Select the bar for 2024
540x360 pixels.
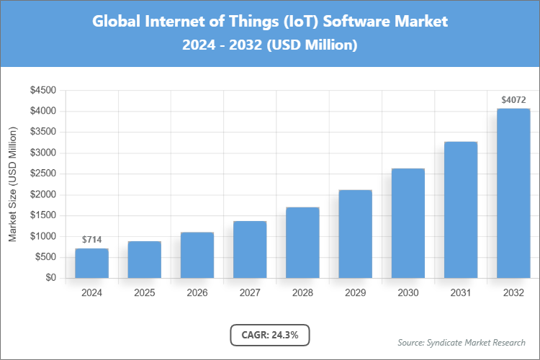point(91,263)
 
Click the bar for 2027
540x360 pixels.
point(250,249)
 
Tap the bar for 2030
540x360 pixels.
point(408,223)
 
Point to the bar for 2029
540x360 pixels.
point(355,234)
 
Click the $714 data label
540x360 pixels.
point(91,239)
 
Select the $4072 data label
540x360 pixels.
point(513,99)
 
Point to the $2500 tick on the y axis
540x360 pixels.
point(42,174)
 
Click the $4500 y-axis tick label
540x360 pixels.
point(42,90)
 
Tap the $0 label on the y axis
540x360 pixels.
point(50,278)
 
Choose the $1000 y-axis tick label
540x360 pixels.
point(42,236)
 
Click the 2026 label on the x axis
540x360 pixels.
point(197,294)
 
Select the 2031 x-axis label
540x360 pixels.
point(461,294)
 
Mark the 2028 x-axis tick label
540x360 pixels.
point(302,294)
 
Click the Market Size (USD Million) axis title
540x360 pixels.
point(13,184)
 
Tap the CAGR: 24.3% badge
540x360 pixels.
point(269,335)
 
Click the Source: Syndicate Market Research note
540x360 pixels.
point(461,342)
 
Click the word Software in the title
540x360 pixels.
point(357,21)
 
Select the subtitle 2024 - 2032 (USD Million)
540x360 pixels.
point(270,45)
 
